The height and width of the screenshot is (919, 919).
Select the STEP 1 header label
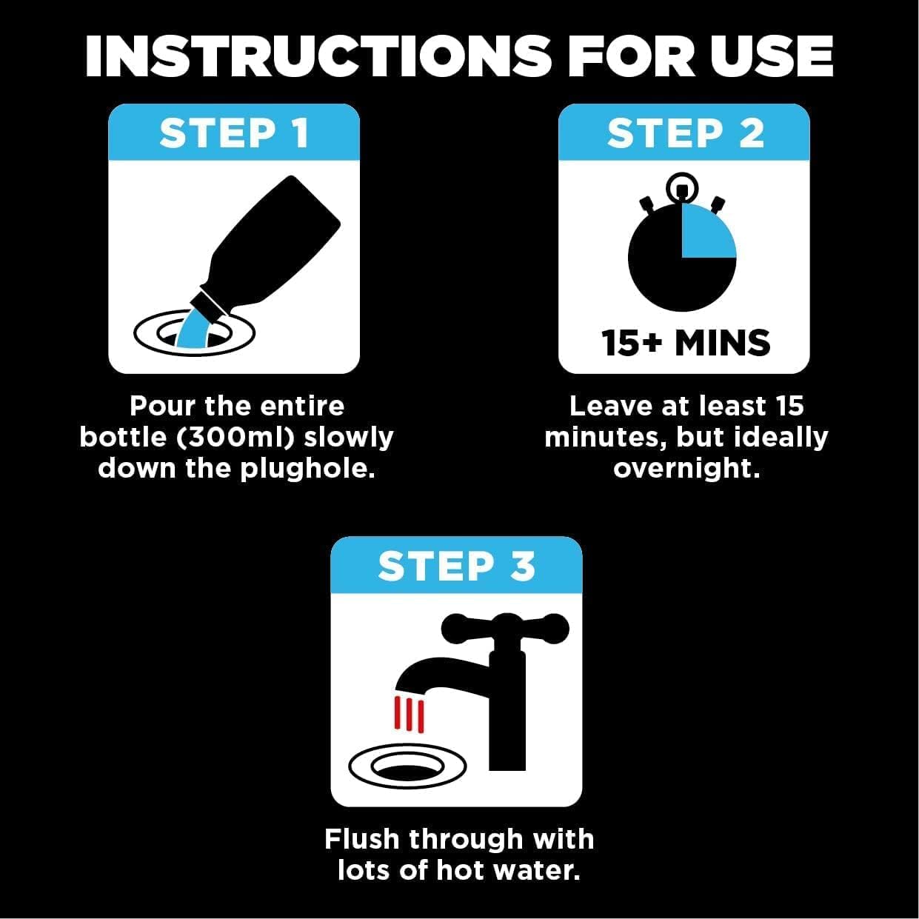(234, 134)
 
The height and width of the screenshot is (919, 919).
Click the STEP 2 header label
(685, 134)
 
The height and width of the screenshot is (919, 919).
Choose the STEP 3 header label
(456, 567)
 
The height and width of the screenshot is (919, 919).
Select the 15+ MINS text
(685, 344)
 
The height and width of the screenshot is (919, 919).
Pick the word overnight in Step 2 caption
(686, 469)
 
